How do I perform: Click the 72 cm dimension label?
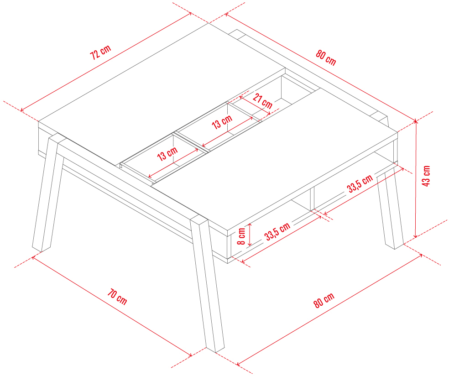(x=100, y=52)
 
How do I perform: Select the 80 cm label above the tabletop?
(x=326, y=57)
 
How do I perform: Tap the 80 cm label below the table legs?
(x=324, y=300)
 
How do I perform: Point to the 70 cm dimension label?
(x=117, y=297)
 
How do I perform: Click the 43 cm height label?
(x=426, y=176)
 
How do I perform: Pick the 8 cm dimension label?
(x=242, y=236)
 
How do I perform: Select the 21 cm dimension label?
(x=262, y=101)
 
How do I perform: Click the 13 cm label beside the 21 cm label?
(x=222, y=122)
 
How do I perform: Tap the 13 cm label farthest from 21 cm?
(x=167, y=153)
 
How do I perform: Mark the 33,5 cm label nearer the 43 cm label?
(x=360, y=183)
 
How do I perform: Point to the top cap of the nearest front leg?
(x=199, y=219)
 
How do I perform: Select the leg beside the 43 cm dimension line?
(x=390, y=209)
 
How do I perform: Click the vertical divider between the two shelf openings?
(x=312, y=199)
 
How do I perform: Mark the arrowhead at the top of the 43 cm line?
(x=416, y=121)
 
